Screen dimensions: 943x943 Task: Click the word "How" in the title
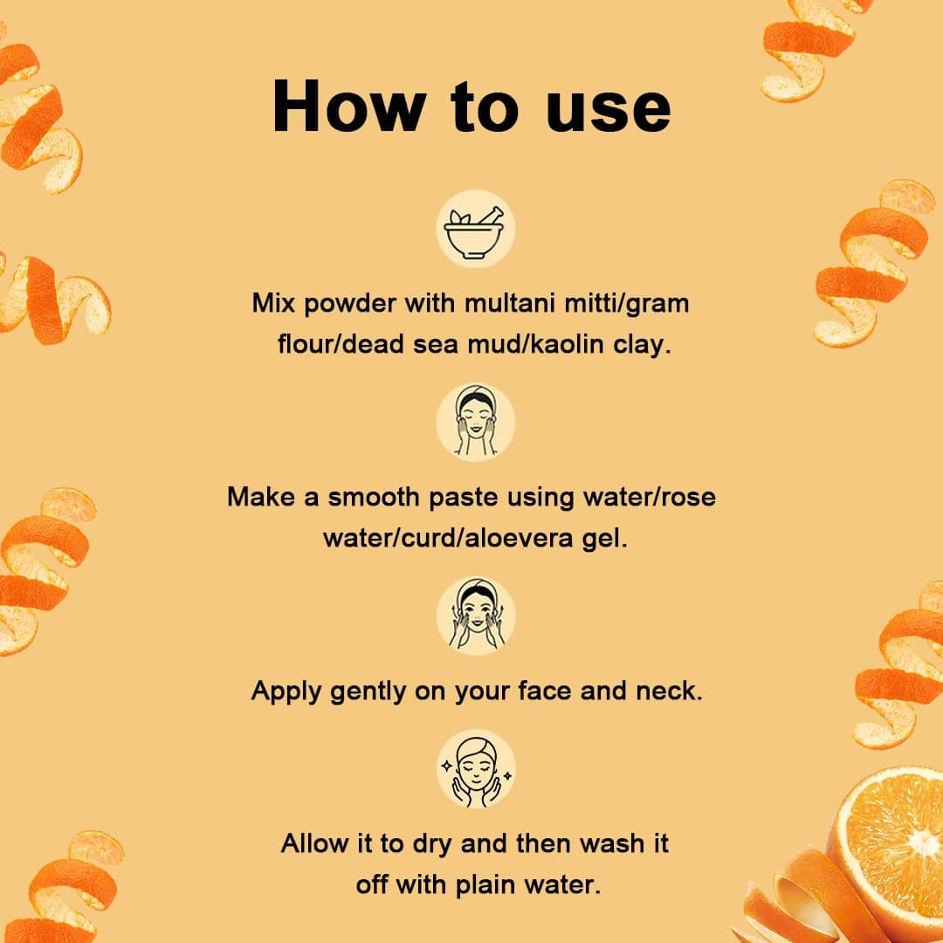click(x=348, y=106)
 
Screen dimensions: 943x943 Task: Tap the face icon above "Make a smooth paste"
click(x=475, y=423)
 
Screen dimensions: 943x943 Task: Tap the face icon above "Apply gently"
click(x=476, y=616)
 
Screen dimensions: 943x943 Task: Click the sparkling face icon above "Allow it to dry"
click(x=476, y=768)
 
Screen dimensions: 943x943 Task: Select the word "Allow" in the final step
click(x=314, y=843)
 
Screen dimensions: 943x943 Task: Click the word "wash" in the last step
click(x=611, y=843)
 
